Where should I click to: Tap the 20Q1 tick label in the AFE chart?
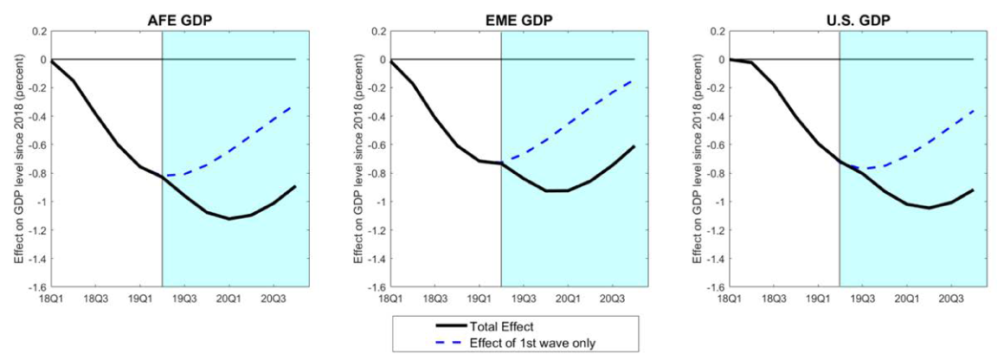[x=229, y=299]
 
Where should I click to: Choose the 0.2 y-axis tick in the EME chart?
[x=379, y=31]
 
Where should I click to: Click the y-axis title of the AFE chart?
[x=15, y=158]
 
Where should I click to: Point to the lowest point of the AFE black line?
[x=229, y=219]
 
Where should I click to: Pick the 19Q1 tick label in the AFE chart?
[x=140, y=299]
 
